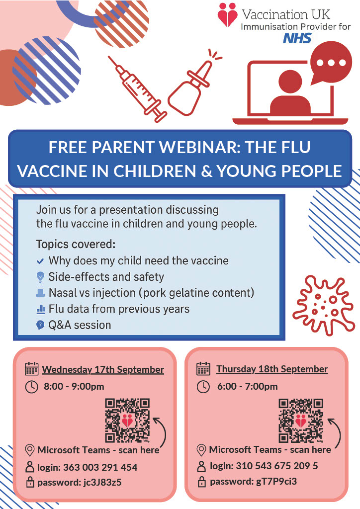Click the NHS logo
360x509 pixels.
pyautogui.click(x=297, y=38)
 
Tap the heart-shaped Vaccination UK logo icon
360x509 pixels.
pyautogui.click(x=227, y=14)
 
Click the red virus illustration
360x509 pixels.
pyautogui.click(x=323, y=305)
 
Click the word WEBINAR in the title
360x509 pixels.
pyautogui.click(x=199, y=147)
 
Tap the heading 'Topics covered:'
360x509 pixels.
pyautogui.click(x=76, y=244)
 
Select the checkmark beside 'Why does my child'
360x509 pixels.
pyautogui.click(x=40, y=261)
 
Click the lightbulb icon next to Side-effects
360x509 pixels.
pyautogui.click(x=40, y=277)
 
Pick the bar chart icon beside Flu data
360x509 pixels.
pyautogui.click(x=41, y=309)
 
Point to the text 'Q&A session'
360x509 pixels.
pyautogui.click(x=80, y=325)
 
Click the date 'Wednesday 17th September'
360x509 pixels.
pyautogui.click(x=103, y=369)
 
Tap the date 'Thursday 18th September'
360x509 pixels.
pyautogui.click(x=272, y=369)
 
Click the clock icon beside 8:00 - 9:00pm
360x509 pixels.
pyautogui.click(x=31, y=387)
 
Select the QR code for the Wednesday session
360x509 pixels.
pyautogui.click(x=127, y=421)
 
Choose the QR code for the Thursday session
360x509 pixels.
pyautogui.click(x=301, y=421)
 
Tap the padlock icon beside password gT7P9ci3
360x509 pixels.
pyautogui.click(x=201, y=482)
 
